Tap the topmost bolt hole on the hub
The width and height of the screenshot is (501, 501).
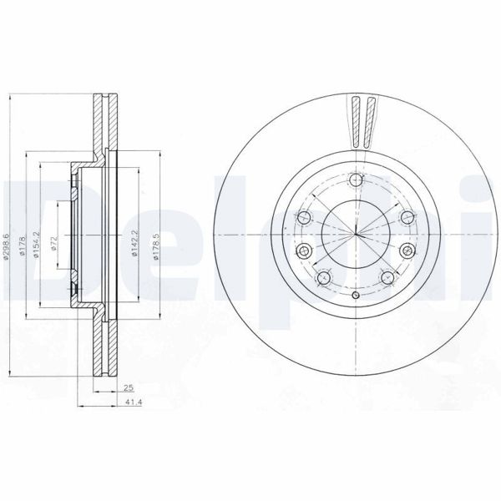pyautogui.click(x=357, y=181)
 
